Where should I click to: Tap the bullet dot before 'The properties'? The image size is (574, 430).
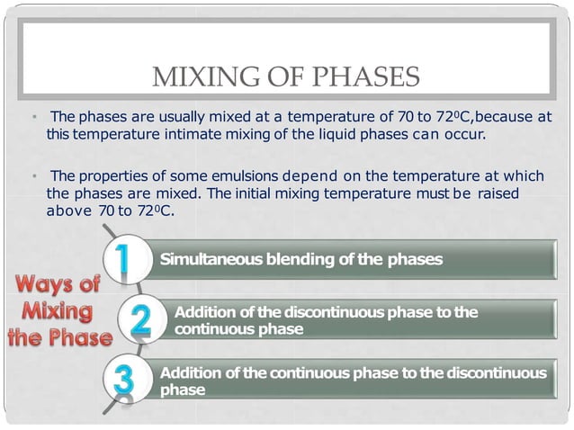click(32, 175)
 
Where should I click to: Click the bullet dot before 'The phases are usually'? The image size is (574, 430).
click(32, 117)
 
